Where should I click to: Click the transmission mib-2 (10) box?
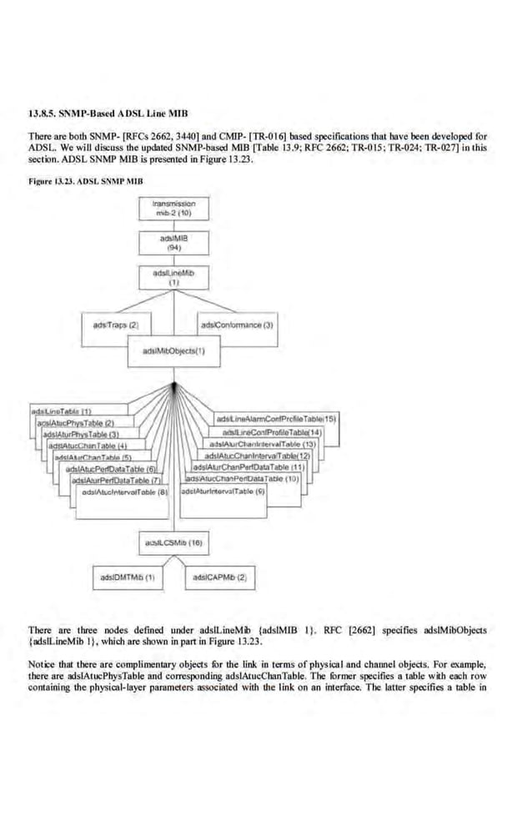[174, 208]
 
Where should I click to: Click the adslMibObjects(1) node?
[174, 350]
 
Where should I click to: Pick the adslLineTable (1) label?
[53, 412]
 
